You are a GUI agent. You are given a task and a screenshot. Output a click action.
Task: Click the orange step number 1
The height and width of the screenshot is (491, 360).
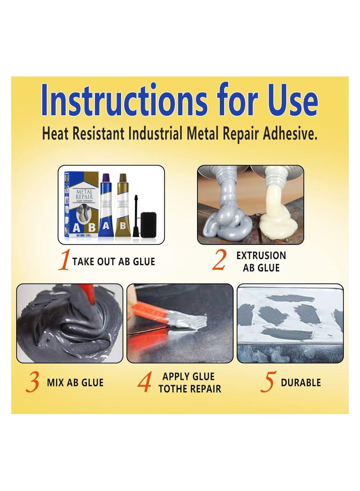pos(65,261)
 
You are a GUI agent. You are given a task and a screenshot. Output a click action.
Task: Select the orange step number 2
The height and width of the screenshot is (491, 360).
pos(219,261)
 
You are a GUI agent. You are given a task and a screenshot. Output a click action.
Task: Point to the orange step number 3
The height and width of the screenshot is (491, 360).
pos(32,383)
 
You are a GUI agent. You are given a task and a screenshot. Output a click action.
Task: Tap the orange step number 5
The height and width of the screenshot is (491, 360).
pos(267,383)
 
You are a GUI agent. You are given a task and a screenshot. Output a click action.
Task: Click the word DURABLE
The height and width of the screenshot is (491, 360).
pos(301,383)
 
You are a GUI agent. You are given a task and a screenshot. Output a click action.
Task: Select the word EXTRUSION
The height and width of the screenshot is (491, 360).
pos(261,256)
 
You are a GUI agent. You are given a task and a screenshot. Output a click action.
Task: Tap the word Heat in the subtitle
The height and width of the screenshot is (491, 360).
pos(55,134)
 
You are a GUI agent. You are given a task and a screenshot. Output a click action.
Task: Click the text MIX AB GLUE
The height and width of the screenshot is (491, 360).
pos(75,383)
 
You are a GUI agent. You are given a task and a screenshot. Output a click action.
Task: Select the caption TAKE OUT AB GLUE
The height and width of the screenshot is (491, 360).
pos(113,261)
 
